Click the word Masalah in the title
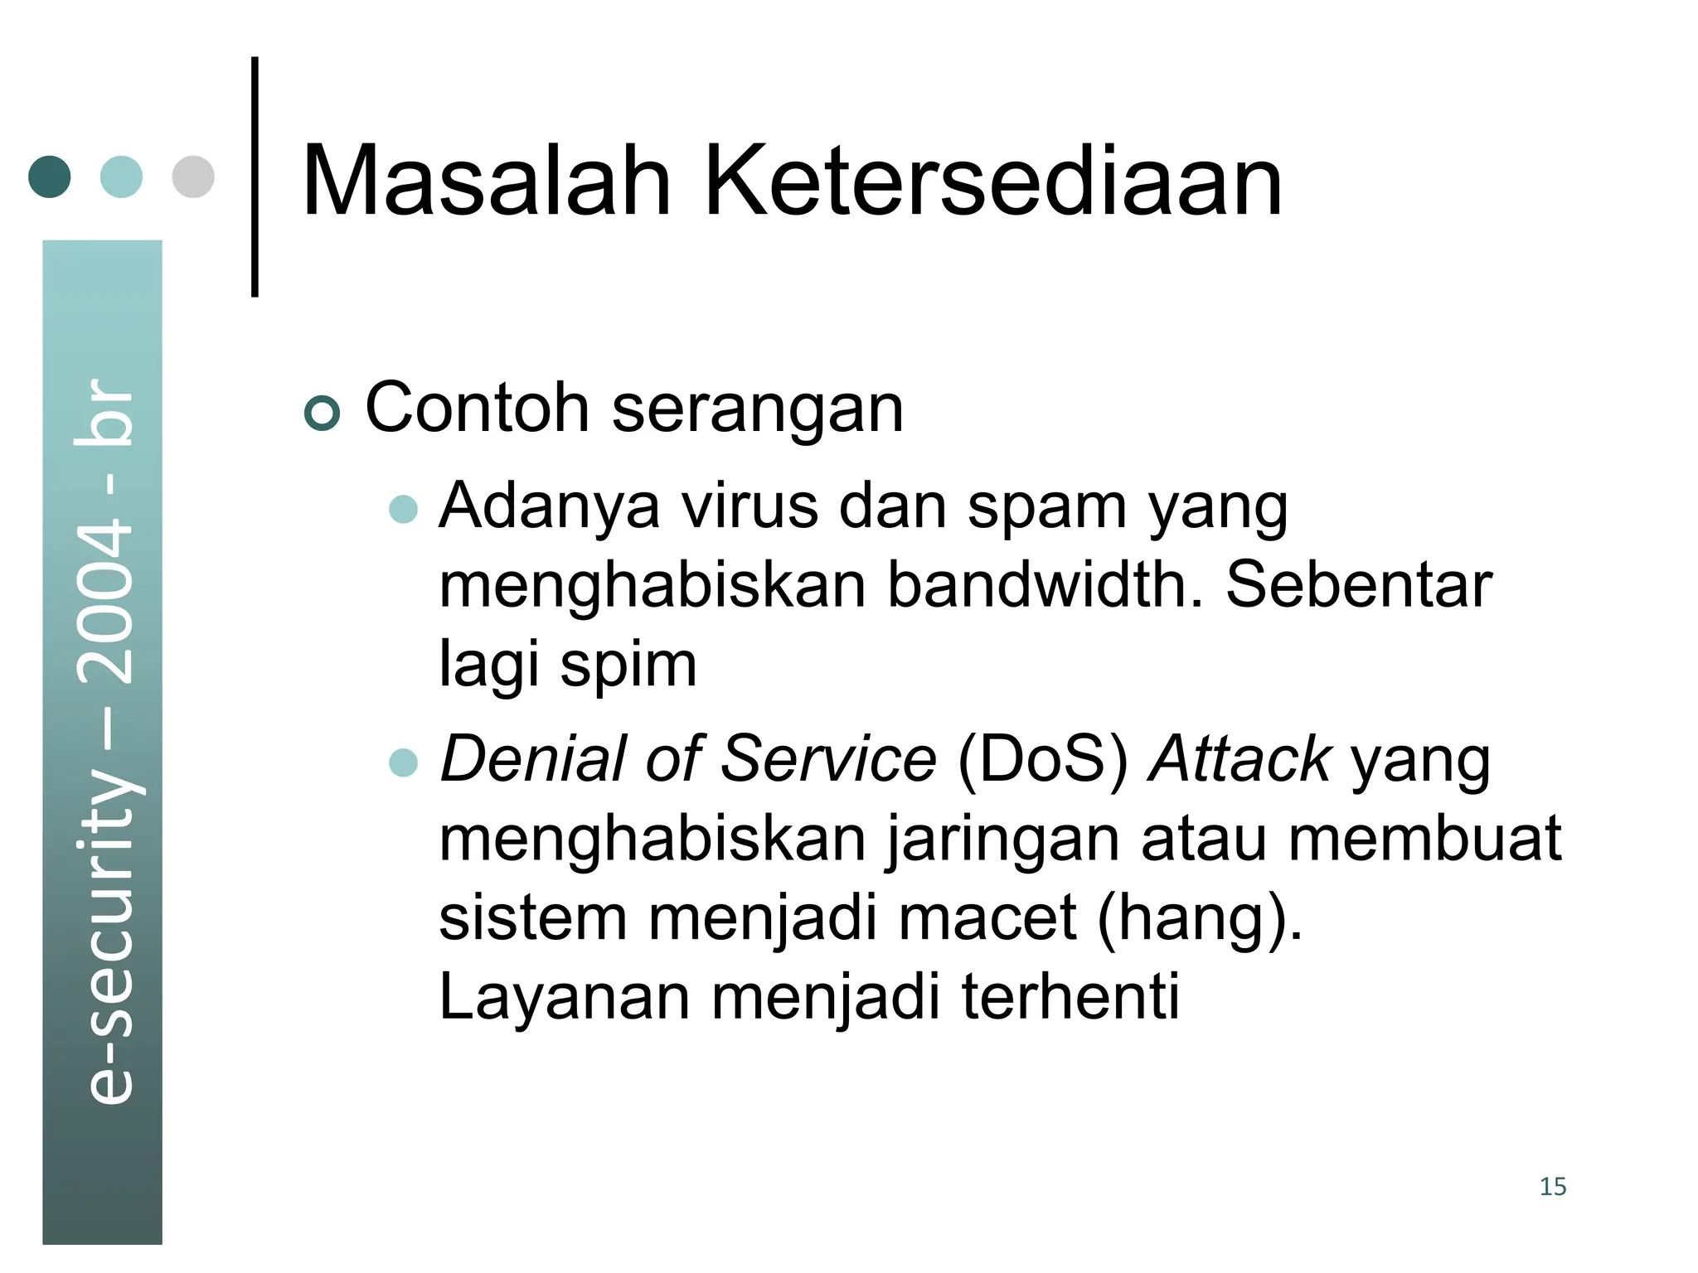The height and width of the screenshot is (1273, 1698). [x=486, y=182]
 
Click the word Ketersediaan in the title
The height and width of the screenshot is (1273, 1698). [x=992, y=182]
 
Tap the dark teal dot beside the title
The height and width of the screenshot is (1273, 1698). [x=50, y=177]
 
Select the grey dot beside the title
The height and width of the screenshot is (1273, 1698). [x=193, y=177]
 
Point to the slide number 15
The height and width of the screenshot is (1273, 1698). [x=1552, y=1187]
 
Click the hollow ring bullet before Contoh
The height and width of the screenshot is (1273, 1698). [x=323, y=413]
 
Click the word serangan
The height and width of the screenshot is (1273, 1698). [x=757, y=409]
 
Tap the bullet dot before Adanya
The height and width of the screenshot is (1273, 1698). [x=404, y=508]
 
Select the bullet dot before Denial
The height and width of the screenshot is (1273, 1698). [x=404, y=762]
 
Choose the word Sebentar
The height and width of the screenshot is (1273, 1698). [x=1358, y=585]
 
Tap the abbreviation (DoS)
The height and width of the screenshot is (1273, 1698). [x=1042, y=759]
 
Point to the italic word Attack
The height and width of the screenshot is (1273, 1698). [x=1240, y=759]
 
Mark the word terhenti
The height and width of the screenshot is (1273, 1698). [x=1070, y=996]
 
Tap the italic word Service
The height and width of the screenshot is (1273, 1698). [x=828, y=759]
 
